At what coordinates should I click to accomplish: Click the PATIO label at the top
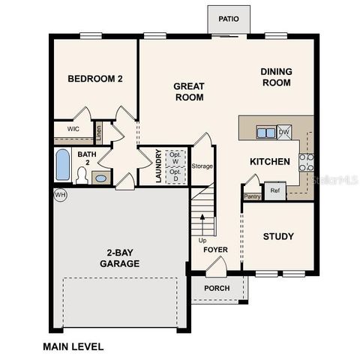(229, 19)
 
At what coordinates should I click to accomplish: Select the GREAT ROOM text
(189, 91)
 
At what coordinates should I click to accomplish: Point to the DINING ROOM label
(276, 77)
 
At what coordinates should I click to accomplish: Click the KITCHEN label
(270, 161)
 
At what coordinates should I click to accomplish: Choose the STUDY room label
(277, 237)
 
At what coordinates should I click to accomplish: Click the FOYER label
(216, 250)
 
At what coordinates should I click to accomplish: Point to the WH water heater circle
(60, 194)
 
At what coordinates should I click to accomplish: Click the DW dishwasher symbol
(284, 133)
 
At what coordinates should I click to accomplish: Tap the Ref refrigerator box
(275, 190)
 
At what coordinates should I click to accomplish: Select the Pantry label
(252, 196)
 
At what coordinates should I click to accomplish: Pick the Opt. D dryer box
(175, 176)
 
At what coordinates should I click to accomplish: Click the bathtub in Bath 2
(63, 166)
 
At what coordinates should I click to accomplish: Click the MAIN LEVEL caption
(73, 346)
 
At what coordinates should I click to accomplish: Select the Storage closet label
(202, 166)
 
